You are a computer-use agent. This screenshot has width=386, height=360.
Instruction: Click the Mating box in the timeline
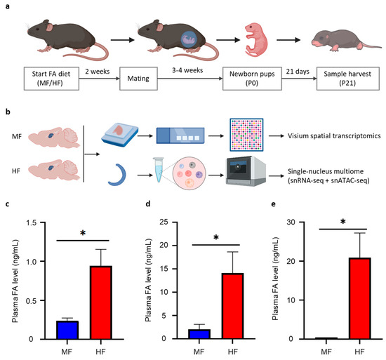coord(138,79)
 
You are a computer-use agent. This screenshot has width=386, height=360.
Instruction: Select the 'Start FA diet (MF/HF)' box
coord(51,79)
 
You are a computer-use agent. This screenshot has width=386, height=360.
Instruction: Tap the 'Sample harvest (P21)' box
coord(347,79)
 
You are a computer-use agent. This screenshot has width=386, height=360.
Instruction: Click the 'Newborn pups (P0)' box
coord(252,79)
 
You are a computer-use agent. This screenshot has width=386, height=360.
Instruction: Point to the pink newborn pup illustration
coord(256,39)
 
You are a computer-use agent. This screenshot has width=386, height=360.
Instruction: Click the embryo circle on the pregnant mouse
coord(189,39)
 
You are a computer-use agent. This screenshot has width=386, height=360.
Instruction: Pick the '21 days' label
coord(298,72)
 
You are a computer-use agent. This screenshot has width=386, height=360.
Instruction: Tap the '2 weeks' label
coord(98,72)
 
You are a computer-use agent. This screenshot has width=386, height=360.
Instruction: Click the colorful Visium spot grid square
coord(246,135)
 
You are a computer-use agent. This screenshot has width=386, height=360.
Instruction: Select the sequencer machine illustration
coord(246,171)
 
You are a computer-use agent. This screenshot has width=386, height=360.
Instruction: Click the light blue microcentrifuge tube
coord(159,170)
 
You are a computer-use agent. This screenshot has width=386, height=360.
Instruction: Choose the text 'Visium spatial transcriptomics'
coord(334,136)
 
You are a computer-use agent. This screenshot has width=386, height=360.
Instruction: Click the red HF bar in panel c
coord(101,302)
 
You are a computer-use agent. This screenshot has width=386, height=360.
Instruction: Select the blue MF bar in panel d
coord(199,334)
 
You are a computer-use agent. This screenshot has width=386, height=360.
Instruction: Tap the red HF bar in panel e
coord(359,298)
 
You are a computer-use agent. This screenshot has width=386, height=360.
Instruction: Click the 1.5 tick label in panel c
coord(32,222)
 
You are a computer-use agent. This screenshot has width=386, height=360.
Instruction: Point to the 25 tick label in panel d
coord(164,222)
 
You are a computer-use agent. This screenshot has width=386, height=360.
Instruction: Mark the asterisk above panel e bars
coord(343,222)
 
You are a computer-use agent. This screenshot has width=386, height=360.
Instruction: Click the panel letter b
coord(8,112)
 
